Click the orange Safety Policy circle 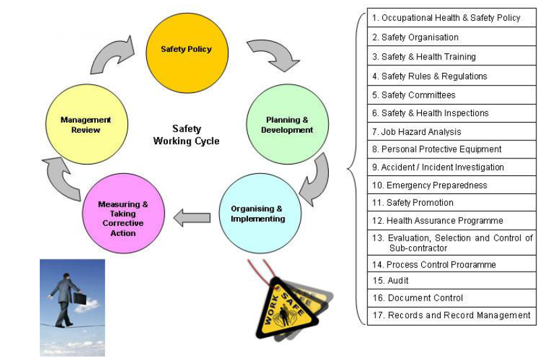click(187, 49)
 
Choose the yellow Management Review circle click(85, 125)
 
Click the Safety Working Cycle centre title click(186, 135)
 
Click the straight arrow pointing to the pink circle click(192, 218)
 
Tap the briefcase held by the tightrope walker click(80, 299)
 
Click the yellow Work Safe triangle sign click(286, 307)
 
